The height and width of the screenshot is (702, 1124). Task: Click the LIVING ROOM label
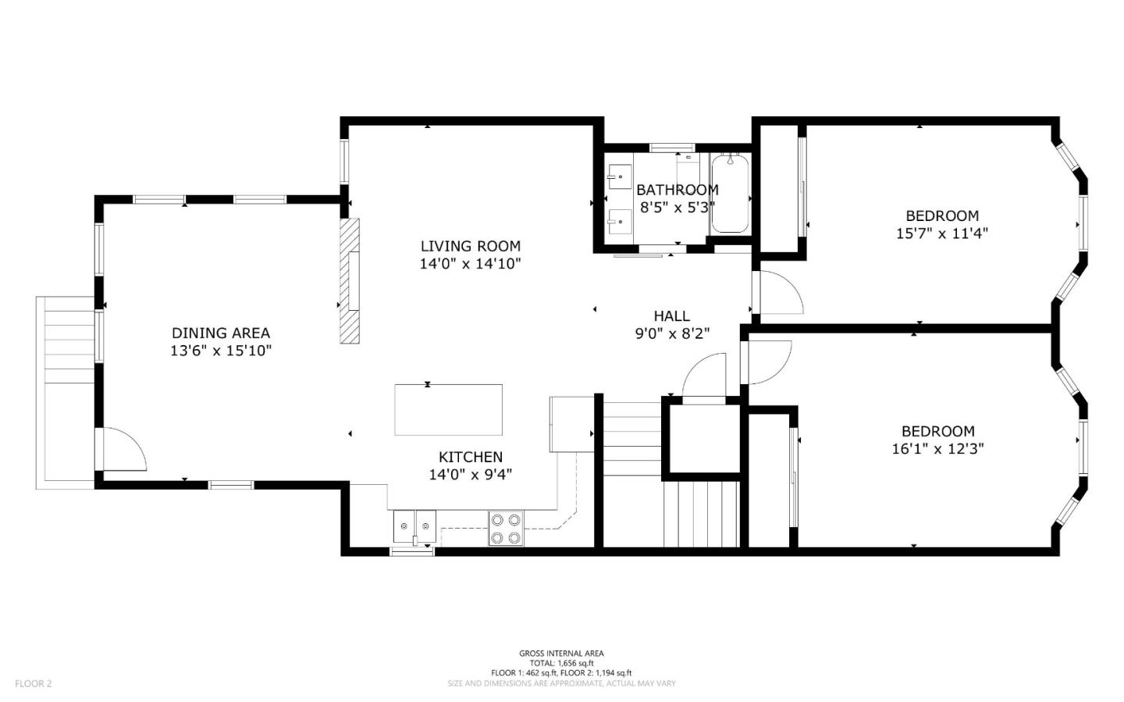click(470, 246)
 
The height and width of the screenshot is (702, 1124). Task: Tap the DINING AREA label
click(221, 333)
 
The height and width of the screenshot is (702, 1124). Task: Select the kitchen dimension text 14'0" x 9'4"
click(470, 475)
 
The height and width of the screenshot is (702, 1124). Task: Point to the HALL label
click(671, 315)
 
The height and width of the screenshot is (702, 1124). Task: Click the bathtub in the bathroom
click(730, 194)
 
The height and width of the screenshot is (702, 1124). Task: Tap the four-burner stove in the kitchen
click(506, 529)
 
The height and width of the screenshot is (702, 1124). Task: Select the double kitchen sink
click(414, 527)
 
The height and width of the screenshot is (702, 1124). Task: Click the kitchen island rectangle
click(449, 410)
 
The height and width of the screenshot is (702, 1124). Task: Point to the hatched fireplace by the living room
click(350, 280)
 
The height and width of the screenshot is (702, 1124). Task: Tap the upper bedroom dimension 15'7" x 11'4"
click(942, 233)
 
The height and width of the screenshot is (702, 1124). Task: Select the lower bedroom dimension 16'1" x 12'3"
click(938, 448)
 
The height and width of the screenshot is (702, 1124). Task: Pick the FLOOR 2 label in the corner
click(33, 683)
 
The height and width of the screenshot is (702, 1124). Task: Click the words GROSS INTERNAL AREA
click(561, 654)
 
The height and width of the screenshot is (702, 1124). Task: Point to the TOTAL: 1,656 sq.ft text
click(561, 663)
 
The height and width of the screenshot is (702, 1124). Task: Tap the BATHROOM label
click(678, 190)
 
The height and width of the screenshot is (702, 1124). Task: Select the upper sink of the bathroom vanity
click(620, 176)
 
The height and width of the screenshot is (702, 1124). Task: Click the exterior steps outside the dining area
click(66, 393)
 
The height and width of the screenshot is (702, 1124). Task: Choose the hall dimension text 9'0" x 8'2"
click(672, 333)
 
